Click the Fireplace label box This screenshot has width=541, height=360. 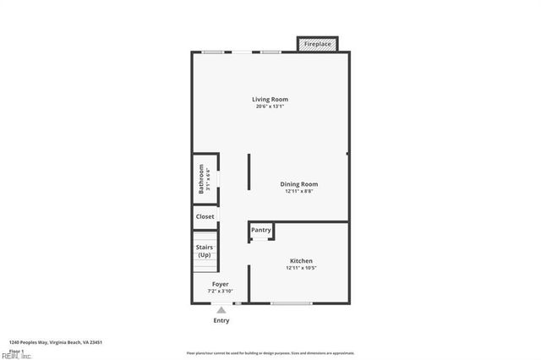tap(318, 44)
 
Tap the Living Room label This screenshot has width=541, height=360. tap(270, 100)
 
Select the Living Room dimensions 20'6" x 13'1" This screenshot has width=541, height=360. tap(270, 106)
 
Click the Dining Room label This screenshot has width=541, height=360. tap(299, 184)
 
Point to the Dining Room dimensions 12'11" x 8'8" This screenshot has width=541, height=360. tap(299, 191)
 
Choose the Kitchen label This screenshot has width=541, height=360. tap(301, 261)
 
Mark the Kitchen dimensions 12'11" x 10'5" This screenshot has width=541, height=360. tap(301, 268)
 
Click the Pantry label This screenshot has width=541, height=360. tap(261, 230)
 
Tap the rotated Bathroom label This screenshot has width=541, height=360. tap(201, 179)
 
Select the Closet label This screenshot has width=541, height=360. tap(205, 217)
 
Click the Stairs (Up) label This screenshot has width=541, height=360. tap(205, 251)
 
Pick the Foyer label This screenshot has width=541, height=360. tap(220, 284)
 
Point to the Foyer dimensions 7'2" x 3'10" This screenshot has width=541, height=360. tap(220, 291)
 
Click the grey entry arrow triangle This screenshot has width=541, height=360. tap(221, 310)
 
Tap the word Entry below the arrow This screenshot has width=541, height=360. tap(221, 321)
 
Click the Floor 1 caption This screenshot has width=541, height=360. tap(16, 351)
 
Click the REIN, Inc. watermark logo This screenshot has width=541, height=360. tap(15, 356)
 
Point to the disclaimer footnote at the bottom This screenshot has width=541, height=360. tap(270, 353)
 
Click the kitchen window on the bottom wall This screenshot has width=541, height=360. tap(292, 303)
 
